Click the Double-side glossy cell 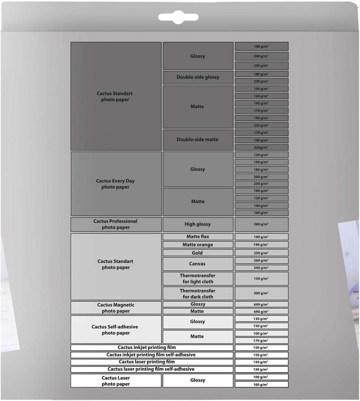click(x=198, y=77)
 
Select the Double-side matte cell click(x=198, y=140)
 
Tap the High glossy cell click(x=198, y=224)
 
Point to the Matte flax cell click(x=198, y=237)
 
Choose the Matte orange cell click(x=198, y=245)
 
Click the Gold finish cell click(x=197, y=253)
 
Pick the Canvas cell click(x=197, y=264)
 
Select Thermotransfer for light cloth click(x=198, y=279)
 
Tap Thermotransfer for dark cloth click(x=198, y=294)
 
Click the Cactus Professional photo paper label click(x=116, y=224)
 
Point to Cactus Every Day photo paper click(x=115, y=184)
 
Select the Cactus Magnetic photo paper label click(x=116, y=308)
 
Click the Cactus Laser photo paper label click(x=116, y=381)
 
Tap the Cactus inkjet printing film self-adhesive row click(x=151, y=355)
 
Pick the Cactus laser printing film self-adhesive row click(x=151, y=369)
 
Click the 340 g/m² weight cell click(x=261, y=268)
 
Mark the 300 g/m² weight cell click(x=261, y=293)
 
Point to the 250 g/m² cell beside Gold click(x=261, y=253)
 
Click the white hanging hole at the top click(x=178, y=17)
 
